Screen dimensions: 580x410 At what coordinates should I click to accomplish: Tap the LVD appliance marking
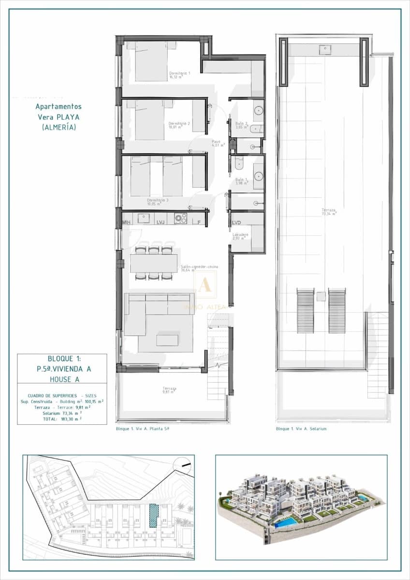[236, 223]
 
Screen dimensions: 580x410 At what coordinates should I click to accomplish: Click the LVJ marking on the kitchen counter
[161, 222]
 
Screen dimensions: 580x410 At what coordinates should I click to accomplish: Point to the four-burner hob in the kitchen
[180, 218]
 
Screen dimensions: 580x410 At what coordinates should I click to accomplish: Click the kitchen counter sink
[144, 218]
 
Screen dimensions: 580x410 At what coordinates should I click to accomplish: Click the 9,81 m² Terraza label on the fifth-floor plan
[169, 390]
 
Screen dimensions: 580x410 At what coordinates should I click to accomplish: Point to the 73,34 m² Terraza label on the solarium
[329, 212]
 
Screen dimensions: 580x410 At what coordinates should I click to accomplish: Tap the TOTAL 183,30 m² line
[62, 419]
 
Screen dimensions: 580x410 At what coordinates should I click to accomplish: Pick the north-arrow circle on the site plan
[183, 464]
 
